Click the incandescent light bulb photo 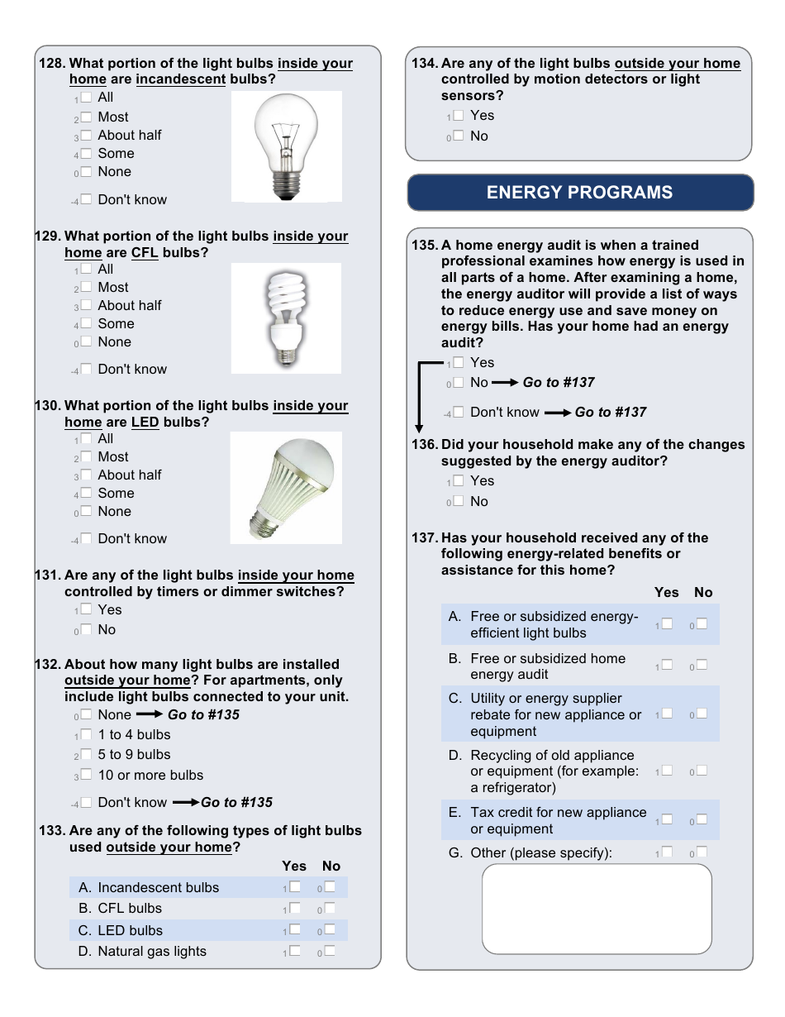pyautogui.click(x=286, y=146)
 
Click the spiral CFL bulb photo pyautogui.click(x=286, y=318)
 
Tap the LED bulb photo pyautogui.click(x=286, y=488)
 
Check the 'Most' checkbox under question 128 pyautogui.click(x=86, y=117)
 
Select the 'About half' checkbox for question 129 pyautogui.click(x=86, y=305)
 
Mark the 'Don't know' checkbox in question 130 pyautogui.click(x=86, y=538)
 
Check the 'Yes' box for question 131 pyautogui.click(x=86, y=609)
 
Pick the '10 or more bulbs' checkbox pyautogui.click(x=86, y=775)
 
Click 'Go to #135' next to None pyautogui.click(x=203, y=715)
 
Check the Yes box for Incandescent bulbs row pyautogui.click(x=295, y=886)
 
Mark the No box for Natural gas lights pyautogui.click(x=330, y=951)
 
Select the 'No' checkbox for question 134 pyautogui.click(x=459, y=136)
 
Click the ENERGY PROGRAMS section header pyautogui.click(x=580, y=193)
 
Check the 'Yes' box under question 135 pyautogui.click(x=459, y=362)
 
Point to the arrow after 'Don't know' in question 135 pyautogui.click(x=558, y=413)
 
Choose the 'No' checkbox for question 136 pyautogui.click(x=459, y=501)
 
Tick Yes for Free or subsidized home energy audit pyautogui.click(x=667, y=665)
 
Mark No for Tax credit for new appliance pyautogui.click(x=702, y=819)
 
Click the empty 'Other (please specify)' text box pyautogui.click(x=597, y=909)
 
